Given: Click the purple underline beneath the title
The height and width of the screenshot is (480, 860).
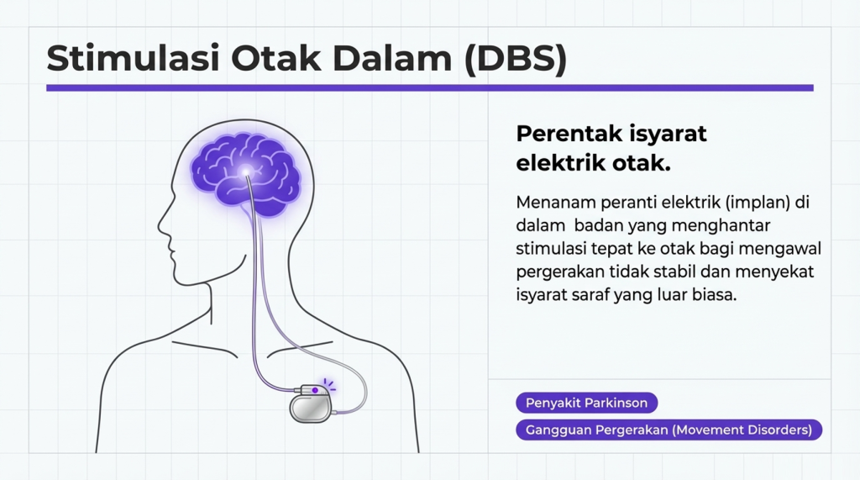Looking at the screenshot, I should [x=429, y=87].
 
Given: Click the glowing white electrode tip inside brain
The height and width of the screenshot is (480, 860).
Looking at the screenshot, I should [x=246, y=171].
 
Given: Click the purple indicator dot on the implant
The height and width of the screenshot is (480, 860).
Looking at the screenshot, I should [x=316, y=390].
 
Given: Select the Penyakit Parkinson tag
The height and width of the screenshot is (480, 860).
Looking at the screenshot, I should [x=586, y=403].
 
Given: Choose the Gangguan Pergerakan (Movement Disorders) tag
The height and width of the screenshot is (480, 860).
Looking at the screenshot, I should [x=669, y=430].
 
